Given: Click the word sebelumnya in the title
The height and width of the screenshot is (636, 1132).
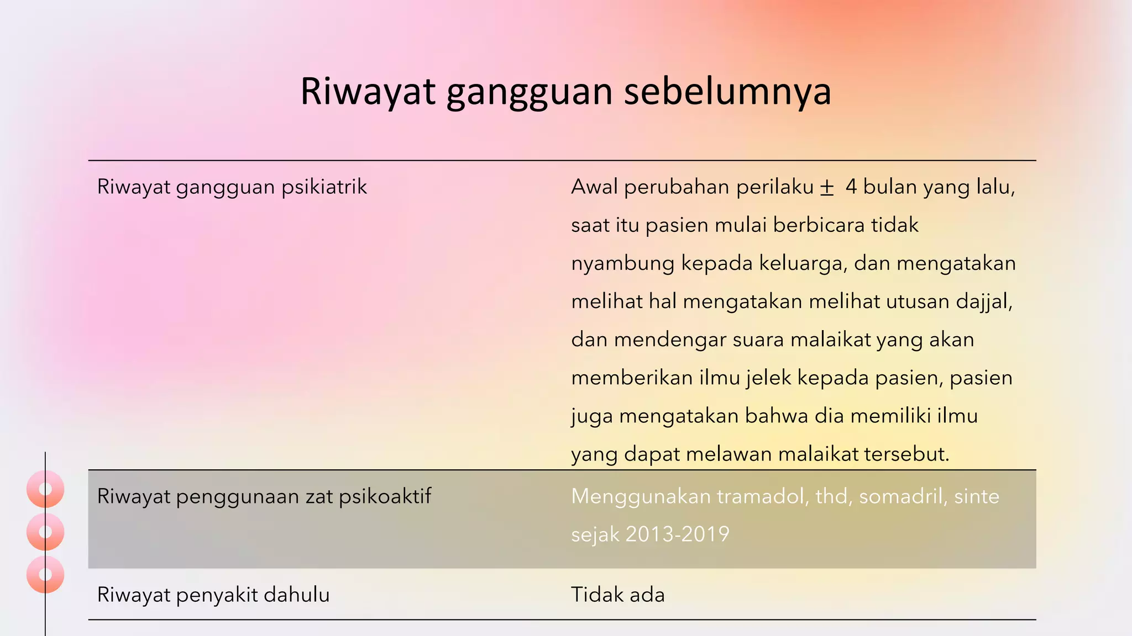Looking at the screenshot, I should [727, 92].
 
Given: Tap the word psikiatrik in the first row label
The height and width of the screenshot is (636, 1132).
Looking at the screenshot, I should [324, 187].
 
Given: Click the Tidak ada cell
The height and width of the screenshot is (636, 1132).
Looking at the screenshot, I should [617, 595].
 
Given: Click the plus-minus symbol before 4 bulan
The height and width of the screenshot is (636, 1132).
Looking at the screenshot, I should [826, 188].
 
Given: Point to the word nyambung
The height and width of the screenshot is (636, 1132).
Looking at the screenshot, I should [622, 263].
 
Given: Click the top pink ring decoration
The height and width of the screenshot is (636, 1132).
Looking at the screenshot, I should [45, 489].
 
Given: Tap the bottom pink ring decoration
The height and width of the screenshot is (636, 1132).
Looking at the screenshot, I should [45, 574].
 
